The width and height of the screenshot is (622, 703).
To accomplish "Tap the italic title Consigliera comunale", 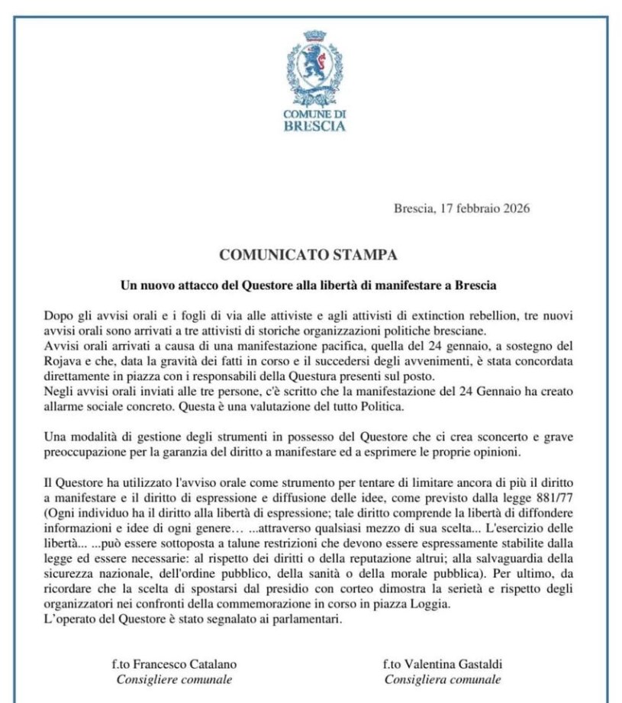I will pyautogui.click(x=443, y=679).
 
